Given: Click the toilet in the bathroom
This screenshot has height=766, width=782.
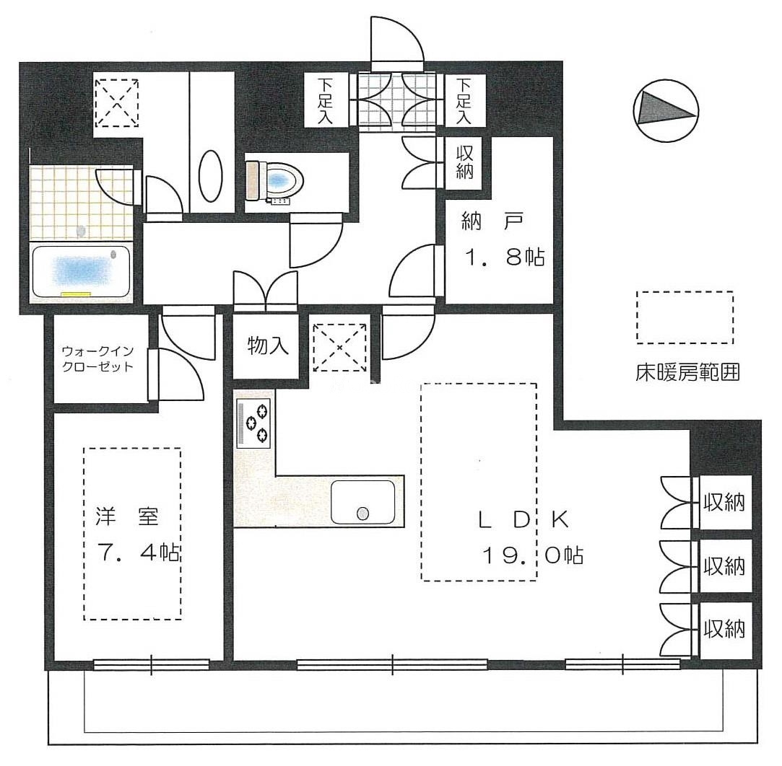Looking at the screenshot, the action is pyautogui.click(x=274, y=180).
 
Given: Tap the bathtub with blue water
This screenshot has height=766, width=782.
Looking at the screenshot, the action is pyautogui.click(x=82, y=272).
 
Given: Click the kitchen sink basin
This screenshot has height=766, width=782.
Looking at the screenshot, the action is pyautogui.click(x=362, y=502).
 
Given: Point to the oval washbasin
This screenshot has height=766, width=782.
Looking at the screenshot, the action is pyautogui.click(x=210, y=176).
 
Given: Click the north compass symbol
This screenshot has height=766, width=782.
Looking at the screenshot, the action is pyautogui.click(x=665, y=110).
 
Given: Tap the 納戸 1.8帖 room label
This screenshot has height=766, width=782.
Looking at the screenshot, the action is pyautogui.click(x=503, y=239).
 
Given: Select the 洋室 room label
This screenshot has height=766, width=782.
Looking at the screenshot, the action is pyautogui.click(x=127, y=517).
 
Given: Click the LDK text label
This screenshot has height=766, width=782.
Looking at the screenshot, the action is pyautogui.click(x=523, y=519).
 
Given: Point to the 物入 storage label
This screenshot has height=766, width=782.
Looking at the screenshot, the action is pyautogui.click(x=268, y=345).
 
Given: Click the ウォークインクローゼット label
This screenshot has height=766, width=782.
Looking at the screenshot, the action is pyautogui.click(x=97, y=358).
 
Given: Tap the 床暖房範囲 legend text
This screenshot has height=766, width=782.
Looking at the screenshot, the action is pyautogui.click(x=687, y=372).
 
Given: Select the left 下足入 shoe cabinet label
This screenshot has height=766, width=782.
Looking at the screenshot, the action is pyautogui.click(x=325, y=101).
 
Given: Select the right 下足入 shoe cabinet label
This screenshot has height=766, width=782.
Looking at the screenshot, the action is pyautogui.click(x=464, y=101).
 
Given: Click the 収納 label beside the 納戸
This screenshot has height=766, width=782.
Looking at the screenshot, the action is pyautogui.click(x=464, y=162).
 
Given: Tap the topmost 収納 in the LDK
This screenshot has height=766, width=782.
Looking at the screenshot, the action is pyautogui.click(x=724, y=503).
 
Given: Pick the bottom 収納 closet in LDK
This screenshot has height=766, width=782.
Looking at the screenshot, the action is pyautogui.click(x=724, y=629).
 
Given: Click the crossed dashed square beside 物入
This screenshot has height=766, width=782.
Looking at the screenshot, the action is pyautogui.click(x=339, y=347).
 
